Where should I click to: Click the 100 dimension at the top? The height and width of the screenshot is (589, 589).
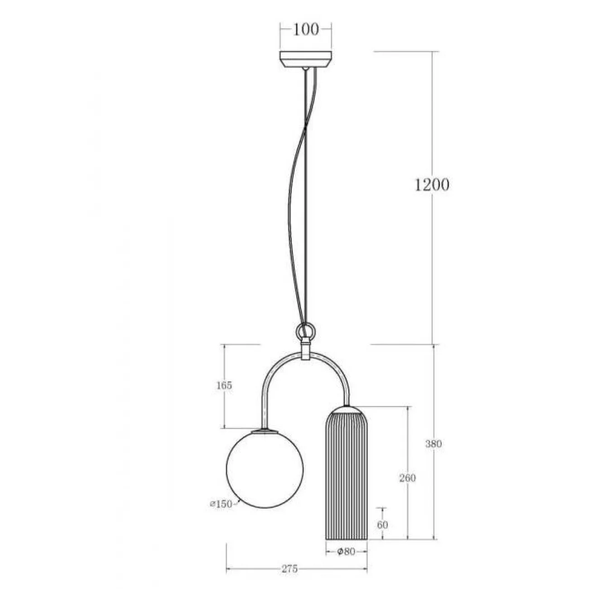[305, 30]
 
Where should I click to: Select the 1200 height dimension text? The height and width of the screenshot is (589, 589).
[432, 185]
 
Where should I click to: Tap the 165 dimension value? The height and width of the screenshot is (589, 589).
[224, 386]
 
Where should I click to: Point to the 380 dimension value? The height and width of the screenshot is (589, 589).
[433, 444]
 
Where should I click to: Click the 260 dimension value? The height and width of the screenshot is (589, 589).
[408, 478]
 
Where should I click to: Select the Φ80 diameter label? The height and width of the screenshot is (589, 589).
[346, 551]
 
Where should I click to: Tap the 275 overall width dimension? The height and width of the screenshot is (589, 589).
[290, 569]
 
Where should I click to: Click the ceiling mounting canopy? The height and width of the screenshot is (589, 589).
[305, 59]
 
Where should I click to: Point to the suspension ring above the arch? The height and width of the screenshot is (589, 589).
[305, 331]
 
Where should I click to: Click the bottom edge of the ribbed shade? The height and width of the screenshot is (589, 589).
[346, 539]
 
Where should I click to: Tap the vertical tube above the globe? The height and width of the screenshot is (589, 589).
[263, 408]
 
